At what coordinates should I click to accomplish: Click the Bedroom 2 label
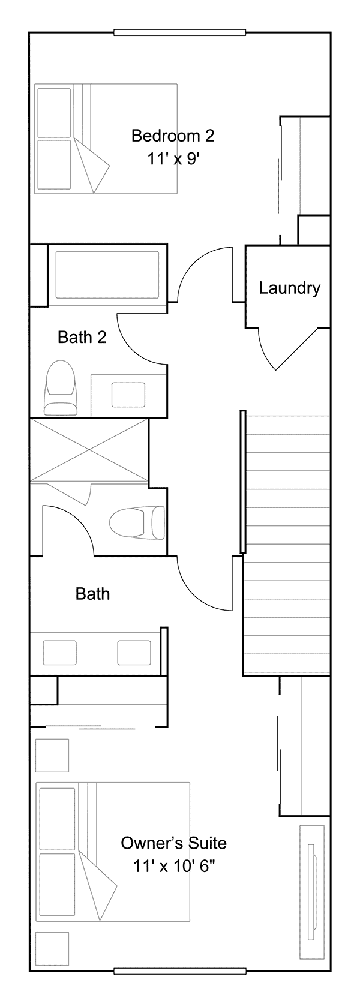tap(173, 136)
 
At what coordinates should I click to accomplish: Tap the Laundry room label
tap(290, 288)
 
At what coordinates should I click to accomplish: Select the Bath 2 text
tap(82, 337)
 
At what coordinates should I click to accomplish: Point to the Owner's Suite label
tap(173, 843)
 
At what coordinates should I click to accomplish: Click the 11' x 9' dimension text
tap(173, 159)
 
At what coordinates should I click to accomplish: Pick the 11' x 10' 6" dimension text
tap(174, 867)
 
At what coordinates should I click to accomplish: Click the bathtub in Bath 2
tap(107, 275)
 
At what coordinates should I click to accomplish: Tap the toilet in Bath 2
tap(60, 388)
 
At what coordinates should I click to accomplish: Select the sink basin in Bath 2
tap(128, 395)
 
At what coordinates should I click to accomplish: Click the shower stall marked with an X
tap(89, 450)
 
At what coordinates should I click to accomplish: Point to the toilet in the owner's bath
tap(137, 522)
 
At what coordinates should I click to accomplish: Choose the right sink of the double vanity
tap(134, 652)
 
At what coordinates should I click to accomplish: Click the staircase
tap(287, 545)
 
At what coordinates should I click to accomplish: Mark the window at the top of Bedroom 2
tap(180, 32)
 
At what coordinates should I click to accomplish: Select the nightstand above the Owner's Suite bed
tap(52, 756)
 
